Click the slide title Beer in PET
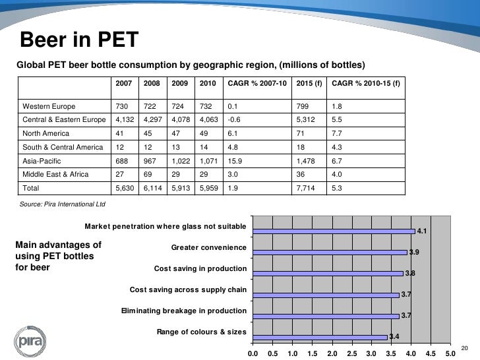click(78, 41)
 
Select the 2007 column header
click(123, 84)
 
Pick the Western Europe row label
click(49, 106)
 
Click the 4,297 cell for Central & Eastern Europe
click(152, 120)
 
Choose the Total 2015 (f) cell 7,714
click(306, 189)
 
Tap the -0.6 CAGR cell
click(235, 120)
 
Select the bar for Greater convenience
click(330, 252)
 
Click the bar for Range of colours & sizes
click(320, 336)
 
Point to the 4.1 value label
click(423, 231)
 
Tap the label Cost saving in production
click(200, 268)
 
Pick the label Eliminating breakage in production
click(184, 311)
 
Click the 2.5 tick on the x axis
click(351, 353)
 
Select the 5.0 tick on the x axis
click(450, 353)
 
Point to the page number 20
click(464, 348)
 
